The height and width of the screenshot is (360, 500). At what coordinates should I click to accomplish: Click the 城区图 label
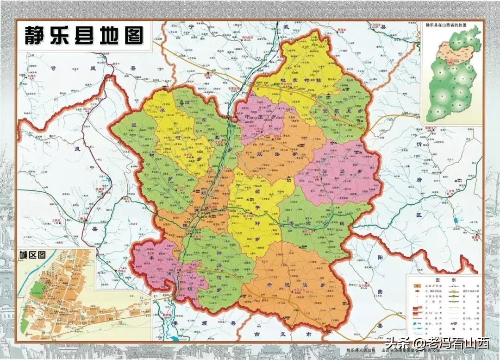[32, 254]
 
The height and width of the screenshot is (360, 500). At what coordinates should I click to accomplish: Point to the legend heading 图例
[444, 280]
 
